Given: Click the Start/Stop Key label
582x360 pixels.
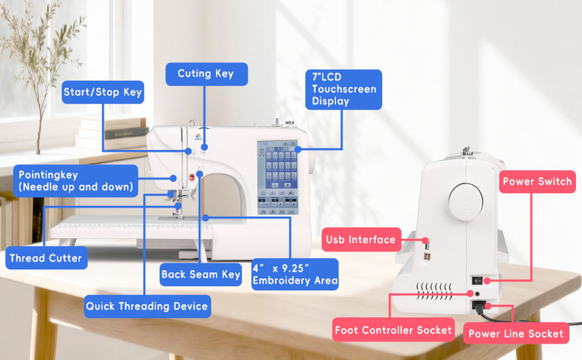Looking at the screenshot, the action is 103,92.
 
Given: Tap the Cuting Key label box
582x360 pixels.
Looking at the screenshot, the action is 206,74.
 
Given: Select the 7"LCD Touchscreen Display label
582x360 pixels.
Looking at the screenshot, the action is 343,90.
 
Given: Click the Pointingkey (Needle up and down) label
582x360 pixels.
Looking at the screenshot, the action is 76,181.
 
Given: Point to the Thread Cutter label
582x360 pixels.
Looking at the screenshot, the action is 47,258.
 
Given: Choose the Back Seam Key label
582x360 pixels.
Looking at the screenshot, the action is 201,275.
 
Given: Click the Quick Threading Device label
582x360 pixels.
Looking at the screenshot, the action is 147,306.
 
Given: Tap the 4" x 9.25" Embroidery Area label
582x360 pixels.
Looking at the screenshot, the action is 295,275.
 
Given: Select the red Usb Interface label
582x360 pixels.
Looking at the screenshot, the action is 361,239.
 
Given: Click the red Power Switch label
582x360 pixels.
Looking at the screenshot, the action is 537,181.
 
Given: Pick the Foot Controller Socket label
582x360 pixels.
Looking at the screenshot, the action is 393,330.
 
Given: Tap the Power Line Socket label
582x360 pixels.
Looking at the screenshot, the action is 516,333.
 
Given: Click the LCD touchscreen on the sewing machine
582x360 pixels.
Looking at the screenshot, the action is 278,178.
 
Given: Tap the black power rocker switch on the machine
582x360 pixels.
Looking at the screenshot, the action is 477,281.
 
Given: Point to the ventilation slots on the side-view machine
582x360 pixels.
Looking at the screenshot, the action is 434,291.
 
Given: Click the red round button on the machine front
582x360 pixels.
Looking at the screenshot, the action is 192,178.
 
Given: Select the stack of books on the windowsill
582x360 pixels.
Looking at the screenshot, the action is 112,133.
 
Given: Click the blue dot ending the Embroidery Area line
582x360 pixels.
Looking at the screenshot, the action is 206,218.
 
